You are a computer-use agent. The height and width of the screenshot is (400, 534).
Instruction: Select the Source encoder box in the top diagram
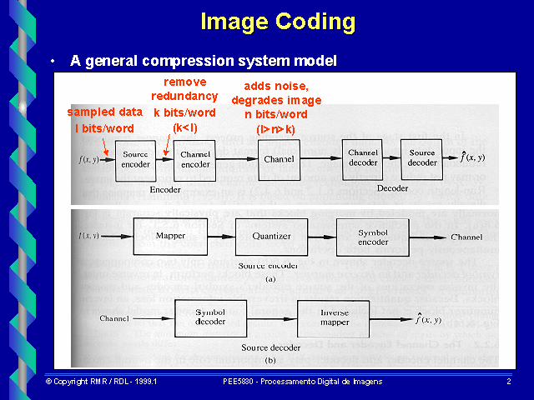(x=134, y=158)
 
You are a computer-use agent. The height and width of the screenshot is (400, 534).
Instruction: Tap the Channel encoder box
(x=196, y=158)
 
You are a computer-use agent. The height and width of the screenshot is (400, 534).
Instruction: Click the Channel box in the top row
(x=278, y=158)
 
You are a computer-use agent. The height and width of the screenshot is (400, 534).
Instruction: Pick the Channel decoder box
(x=363, y=158)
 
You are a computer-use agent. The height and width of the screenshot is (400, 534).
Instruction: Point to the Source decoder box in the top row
(x=421, y=158)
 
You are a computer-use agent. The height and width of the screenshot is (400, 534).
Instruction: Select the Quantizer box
(x=271, y=236)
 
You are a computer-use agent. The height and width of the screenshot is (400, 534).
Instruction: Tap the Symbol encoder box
(x=372, y=236)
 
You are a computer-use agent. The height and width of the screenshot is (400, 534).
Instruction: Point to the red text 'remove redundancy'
(x=184, y=89)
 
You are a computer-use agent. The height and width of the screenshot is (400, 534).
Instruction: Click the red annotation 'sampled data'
(x=104, y=112)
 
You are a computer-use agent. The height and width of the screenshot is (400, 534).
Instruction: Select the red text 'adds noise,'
(x=276, y=86)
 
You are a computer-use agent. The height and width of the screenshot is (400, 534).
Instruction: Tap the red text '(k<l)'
(x=184, y=127)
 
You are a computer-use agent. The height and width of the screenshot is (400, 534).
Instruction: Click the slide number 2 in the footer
(x=508, y=381)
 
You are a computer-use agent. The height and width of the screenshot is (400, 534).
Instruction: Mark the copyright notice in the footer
(x=101, y=381)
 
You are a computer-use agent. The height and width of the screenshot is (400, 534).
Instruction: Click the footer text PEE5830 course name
(x=302, y=381)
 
